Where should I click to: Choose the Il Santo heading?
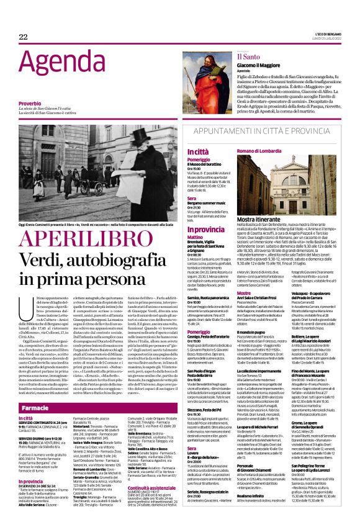(247, 56)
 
